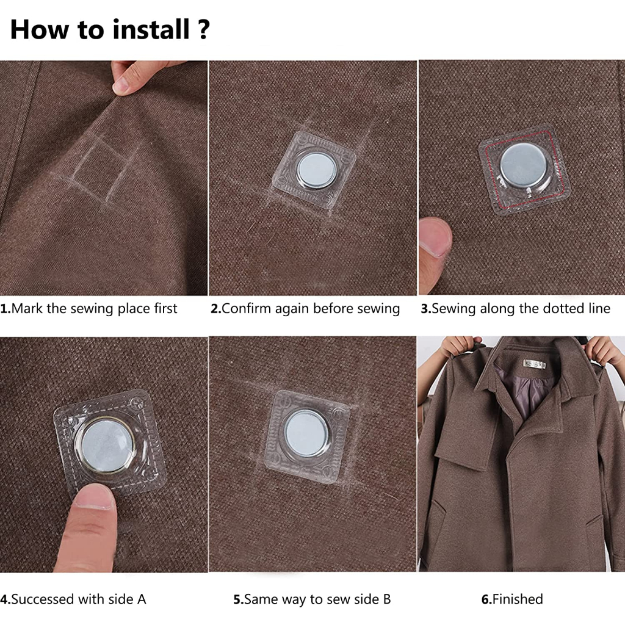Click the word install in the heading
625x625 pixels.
pyautogui.click(x=151, y=29)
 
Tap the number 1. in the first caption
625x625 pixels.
pyautogui.click(x=5, y=308)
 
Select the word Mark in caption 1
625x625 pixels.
pyautogui.click(x=27, y=308)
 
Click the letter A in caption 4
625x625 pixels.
pyautogui.click(x=142, y=599)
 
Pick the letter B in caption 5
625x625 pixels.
pyautogui.click(x=386, y=599)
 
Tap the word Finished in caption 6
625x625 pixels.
pyautogui.click(x=518, y=599)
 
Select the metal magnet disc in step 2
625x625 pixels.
pyautogui.click(x=317, y=169)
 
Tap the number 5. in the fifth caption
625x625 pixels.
pyautogui.click(x=238, y=599)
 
